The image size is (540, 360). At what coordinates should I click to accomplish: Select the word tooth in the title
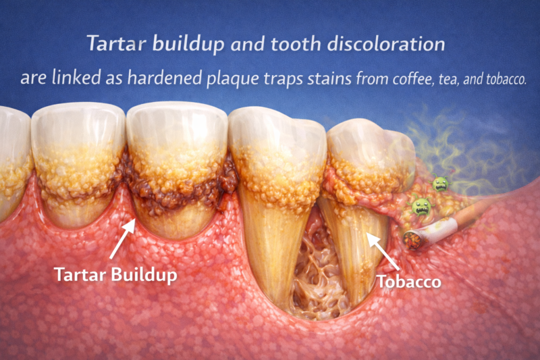(x=302, y=45)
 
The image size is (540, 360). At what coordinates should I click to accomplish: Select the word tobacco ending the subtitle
(x=503, y=79)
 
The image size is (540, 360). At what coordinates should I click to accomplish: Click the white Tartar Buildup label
(x=112, y=276)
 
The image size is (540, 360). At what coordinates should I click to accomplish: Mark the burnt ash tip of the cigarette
(x=409, y=238)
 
